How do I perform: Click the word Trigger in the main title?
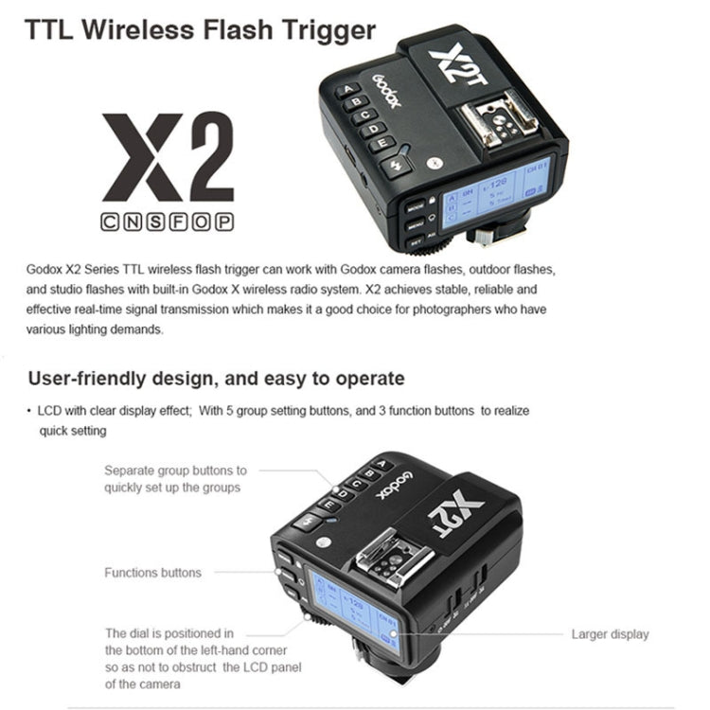click(x=320, y=29)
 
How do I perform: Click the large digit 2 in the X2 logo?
click(x=199, y=157)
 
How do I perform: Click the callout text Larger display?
click(x=610, y=634)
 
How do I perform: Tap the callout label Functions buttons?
click(x=152, y=573)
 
